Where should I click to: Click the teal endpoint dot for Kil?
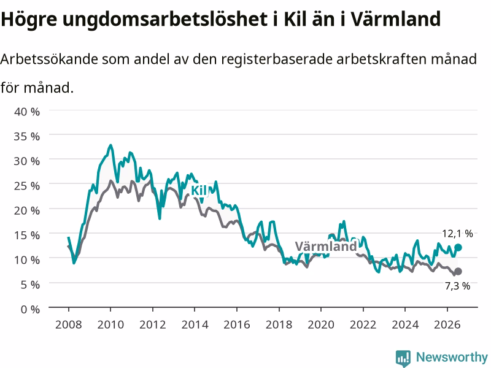(458, 248)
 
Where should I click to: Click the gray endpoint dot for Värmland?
(458, 271)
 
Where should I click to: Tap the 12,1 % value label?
(457, 234)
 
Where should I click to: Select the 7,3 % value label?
(457, 286)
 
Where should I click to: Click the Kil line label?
(198, 190)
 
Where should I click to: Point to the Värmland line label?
(326, 247)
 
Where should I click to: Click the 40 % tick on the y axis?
(27, 112)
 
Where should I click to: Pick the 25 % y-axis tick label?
(27, 186)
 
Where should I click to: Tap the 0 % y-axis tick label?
(30, 309)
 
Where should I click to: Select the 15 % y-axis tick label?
(27, 235)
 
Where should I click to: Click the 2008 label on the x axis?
(69, 324)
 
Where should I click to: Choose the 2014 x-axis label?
(195, 324)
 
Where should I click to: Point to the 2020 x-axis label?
(321, 324)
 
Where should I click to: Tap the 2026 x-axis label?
(447, 324)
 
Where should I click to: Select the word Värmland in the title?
(395, 18)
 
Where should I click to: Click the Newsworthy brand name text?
(452, 357)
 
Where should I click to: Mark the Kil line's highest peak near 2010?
(110, 145)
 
